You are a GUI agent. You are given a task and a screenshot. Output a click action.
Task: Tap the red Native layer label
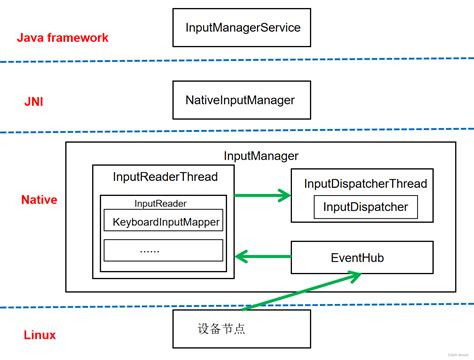39,200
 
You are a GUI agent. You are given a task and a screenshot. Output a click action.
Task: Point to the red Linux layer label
37,334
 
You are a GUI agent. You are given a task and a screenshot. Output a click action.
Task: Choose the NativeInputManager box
240,100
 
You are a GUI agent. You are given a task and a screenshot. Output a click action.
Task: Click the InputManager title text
260,157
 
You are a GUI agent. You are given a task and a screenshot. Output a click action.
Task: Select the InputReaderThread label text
165,177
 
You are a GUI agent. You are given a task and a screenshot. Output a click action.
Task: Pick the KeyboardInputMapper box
166,222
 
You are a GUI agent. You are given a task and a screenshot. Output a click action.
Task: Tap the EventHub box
364,258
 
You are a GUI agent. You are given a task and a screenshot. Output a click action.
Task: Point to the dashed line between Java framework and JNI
237,63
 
